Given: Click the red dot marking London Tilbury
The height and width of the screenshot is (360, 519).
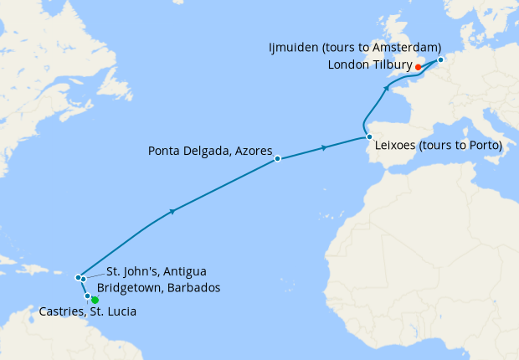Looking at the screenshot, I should pyautogui.click(x=418, y=66).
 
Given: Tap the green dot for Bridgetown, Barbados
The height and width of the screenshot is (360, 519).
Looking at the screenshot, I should pyautogui.click(x=95, y=300).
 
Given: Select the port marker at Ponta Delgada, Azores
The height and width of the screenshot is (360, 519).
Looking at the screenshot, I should pyautogui.click(x=277, y=158).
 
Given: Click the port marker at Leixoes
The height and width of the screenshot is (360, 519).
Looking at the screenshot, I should pyautogui.click(x=368, y=136).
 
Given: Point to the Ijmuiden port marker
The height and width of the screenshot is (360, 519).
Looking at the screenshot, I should pyautogui.click(x=440, y=59).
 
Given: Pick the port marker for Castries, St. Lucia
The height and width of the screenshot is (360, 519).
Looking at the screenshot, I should pyautogui.click(x=88, y=296).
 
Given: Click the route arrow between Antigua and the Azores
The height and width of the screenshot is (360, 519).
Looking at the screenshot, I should pyautogui.click(x=172, y=211).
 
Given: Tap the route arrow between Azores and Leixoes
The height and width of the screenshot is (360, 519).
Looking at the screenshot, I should pyautogui.click(x=324, y=148).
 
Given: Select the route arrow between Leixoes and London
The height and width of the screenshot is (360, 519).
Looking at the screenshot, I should pyautogui.click(x=388, y=87).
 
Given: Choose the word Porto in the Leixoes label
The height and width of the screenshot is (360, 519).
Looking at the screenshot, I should pyautogui.click(x=481, y=145).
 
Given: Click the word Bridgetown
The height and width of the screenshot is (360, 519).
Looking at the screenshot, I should pyautogui.click(x=132, y=287).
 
